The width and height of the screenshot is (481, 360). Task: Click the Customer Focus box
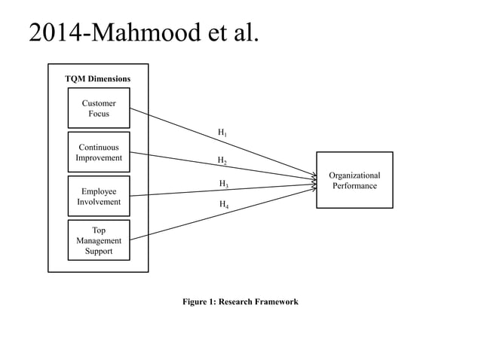coord(99,108)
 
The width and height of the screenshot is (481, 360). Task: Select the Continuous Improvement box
coord(99,152)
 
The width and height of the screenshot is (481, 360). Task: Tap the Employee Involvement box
coord(99,196)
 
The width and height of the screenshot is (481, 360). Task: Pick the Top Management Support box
coord(99,240)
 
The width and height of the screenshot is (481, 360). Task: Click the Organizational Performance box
coord(354,180)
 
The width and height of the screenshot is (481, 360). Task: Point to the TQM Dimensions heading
coord(97,78)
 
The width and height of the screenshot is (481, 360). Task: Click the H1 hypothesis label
coord(222,133)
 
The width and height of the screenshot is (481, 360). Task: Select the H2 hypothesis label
coord(222,160)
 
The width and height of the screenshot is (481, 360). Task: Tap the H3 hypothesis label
coord(224,184)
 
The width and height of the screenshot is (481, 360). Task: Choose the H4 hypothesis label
coord(224,204)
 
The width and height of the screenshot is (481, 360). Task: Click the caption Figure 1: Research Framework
coord(240,301)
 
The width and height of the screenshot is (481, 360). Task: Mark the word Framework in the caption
coord(275,301)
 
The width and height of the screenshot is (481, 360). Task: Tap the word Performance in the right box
coord(354,185)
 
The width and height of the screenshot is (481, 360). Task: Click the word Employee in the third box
coord(99,191)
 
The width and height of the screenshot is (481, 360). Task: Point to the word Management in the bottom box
coord(99,240)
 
